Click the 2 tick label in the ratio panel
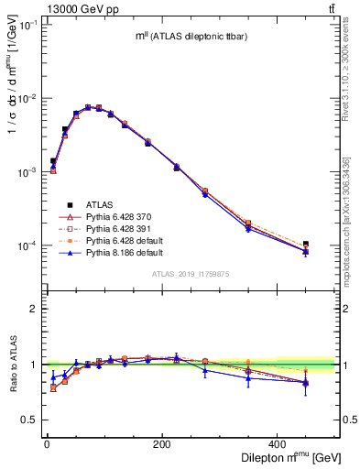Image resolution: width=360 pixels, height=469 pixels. click(37, 309)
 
